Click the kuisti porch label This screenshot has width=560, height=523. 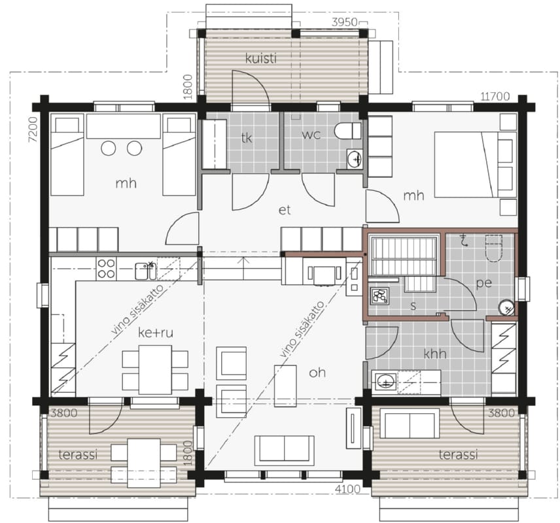coord(261,58)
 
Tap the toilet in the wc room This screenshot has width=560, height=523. coord(347,131)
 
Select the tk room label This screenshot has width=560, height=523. coord(247,137)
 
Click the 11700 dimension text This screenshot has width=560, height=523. coord(495,96)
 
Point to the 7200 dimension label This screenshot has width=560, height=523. coord(33,129)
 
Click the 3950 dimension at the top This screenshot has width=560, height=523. coord(344,22)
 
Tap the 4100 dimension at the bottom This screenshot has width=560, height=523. coord(347,488)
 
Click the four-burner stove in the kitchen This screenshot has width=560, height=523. coord(107,269)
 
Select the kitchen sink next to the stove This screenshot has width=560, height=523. coord(145,271)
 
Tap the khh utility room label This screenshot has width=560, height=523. coord(435,354)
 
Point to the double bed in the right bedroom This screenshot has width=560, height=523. coord(476,164)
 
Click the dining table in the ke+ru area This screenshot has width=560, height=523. coord(155,369)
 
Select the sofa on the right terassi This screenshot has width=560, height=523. coord(410,423)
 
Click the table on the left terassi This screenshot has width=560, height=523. coord(144,463)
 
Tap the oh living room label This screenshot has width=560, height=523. coord(317,373)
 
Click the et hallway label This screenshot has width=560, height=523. coord(285,211)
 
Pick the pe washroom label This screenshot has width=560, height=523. coord(484,283)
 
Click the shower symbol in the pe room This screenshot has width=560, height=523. coord(464,241)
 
